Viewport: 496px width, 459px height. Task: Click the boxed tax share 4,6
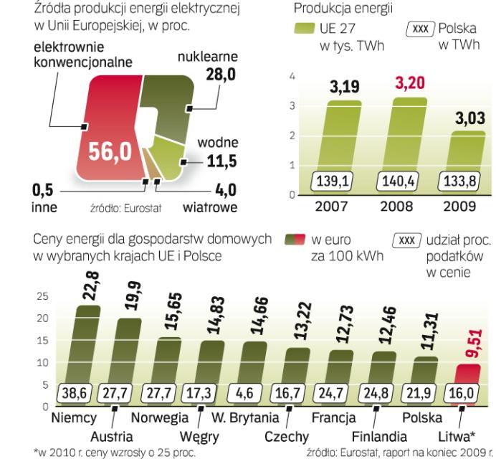point(252,394)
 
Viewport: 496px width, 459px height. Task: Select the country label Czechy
point(286,436)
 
